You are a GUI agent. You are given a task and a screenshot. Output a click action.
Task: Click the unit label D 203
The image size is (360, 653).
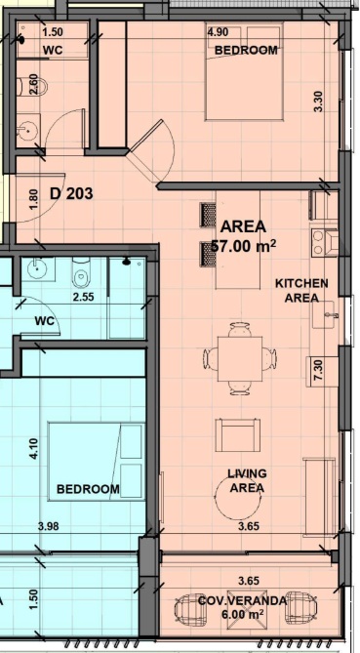click(x=71, y=193)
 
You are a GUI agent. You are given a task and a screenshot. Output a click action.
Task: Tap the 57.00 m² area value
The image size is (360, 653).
click(x=244, y=246)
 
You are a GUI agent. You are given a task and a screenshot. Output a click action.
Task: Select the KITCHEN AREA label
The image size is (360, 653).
click(x=301, y=291)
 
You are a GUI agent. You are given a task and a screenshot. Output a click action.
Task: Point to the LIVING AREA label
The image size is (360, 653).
click(x=247, y=480)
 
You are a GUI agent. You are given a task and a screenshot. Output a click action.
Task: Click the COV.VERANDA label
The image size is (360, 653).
click(x=242, y=601)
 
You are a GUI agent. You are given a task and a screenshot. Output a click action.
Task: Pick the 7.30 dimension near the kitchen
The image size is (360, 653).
click(x=319, y=370)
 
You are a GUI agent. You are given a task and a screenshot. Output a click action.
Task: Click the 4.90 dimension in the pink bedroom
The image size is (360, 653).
click(x=218, y=33)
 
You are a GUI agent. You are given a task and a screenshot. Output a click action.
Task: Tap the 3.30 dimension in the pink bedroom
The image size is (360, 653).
click(x=318, y=102)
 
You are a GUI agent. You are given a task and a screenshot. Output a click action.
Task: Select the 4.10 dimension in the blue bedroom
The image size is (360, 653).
click(x=34, y=449)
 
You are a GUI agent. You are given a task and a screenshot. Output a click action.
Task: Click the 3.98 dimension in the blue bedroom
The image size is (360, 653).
click(x=48, y=526)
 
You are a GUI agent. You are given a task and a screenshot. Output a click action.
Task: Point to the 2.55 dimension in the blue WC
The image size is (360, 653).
click(x=84, y=297)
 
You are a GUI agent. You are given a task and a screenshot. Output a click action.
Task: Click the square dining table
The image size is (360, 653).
click(x=240, y=359)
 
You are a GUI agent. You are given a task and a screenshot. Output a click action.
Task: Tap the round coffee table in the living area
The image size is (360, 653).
click(x=236, y=499)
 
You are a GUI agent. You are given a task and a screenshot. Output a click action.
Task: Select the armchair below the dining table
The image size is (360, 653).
click(x=238, y=435)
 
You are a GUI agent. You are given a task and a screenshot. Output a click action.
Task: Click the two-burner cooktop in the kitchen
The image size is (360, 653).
click(x=318, y=242)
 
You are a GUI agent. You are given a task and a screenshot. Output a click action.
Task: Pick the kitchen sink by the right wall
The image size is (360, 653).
click(x=325, y=313)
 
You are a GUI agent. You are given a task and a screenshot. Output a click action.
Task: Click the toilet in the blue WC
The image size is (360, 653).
click(x=82, y=273)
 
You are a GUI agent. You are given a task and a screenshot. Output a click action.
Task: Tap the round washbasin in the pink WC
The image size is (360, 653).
click(x=28, y=129)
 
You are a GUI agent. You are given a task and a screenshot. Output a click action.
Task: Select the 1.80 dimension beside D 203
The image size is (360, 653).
click(x=34, y=199)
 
